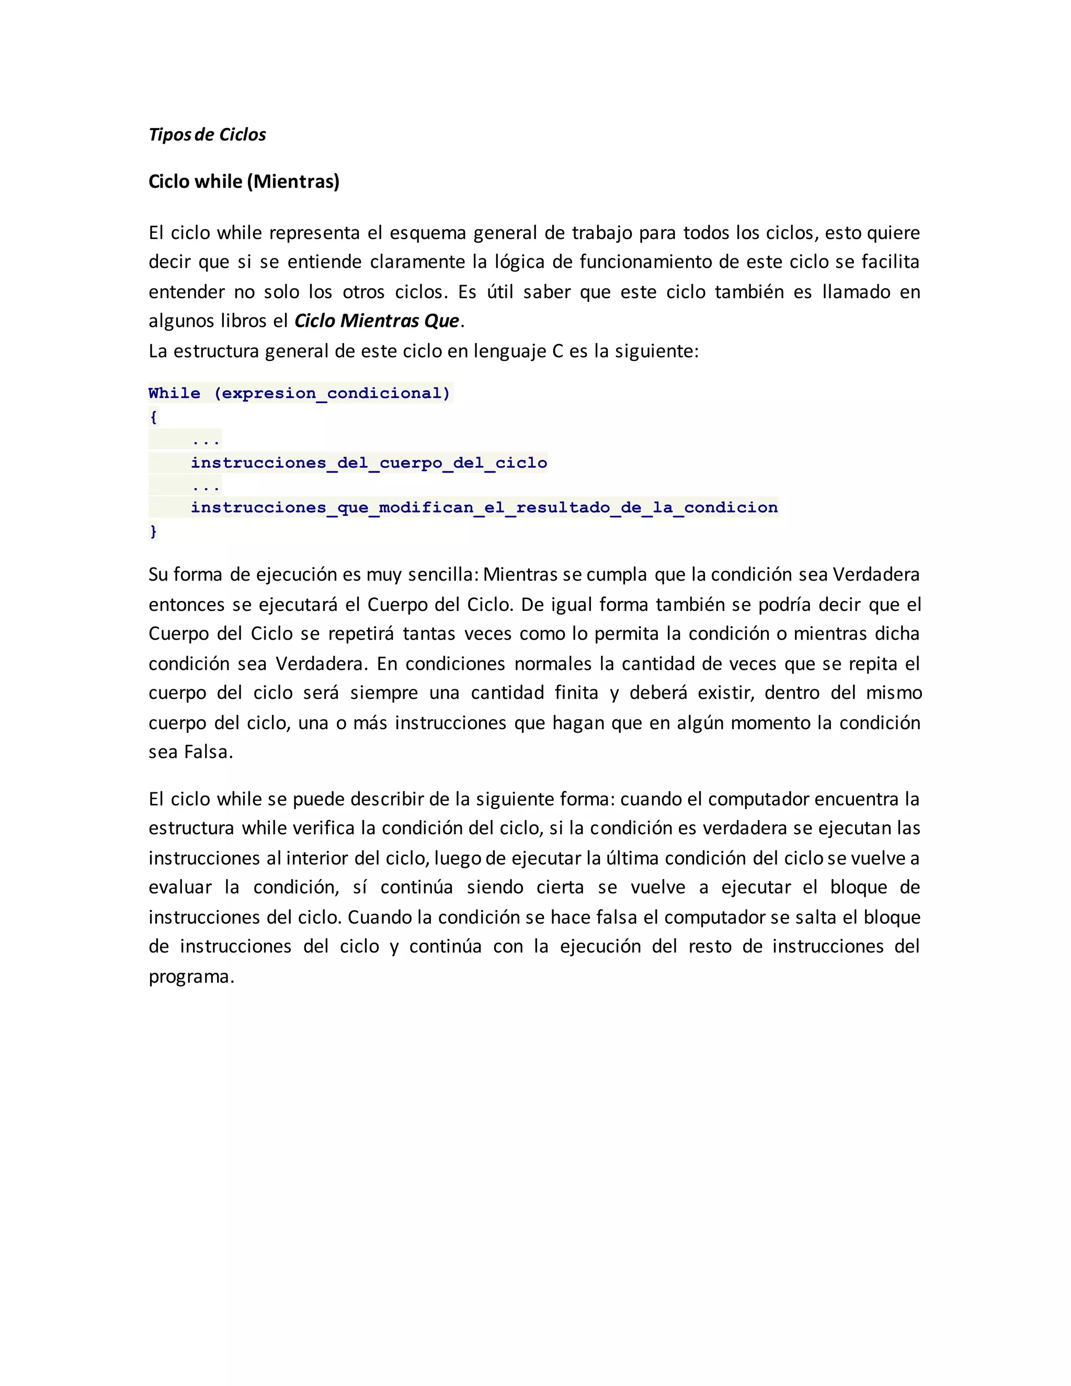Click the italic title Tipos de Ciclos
point(207,134)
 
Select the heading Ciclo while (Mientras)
point(244,181)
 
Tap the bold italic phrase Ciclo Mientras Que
point(376,321)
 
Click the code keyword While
point(174,393)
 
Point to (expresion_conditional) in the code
point(333,393)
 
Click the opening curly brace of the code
point(153,417)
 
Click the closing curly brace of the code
point(153,530)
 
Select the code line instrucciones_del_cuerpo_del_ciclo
point(369,463)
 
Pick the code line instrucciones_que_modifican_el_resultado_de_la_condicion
point(484,508)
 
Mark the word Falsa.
point(208,752)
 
